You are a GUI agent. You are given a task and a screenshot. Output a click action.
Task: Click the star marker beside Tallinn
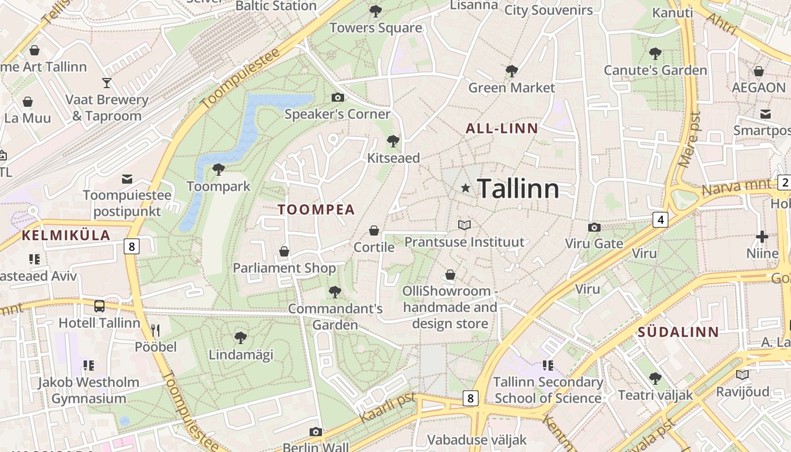coord(466,188)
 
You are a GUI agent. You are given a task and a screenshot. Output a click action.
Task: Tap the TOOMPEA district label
coord(316,210)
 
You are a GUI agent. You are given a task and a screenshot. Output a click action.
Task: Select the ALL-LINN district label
coord(502,128)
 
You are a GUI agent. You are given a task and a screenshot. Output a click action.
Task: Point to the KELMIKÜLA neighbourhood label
coord(66,236)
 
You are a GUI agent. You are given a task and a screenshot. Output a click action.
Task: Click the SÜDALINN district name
coord(679,332)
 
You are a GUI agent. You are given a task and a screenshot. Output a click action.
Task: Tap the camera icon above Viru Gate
coord(594,227)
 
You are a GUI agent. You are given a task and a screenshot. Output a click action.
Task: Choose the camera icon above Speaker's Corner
coord(337,97)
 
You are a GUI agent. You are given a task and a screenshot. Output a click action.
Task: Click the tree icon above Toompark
coord(218,169)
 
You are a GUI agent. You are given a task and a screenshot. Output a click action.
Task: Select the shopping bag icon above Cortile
coord(373,231)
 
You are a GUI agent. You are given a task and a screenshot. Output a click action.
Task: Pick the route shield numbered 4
coord(660,219)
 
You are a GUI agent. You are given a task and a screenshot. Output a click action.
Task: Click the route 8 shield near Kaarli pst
coord(470,398)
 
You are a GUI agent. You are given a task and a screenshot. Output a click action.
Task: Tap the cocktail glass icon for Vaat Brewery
coord(107,83)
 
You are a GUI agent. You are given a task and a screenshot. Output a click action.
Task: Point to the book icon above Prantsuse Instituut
coord(464,225)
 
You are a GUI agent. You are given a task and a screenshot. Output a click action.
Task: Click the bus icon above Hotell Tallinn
coord(99,306)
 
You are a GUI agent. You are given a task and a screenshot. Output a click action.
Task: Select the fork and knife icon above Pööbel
coord(155,330)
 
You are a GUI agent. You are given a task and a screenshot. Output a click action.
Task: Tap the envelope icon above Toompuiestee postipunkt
coord(127,179)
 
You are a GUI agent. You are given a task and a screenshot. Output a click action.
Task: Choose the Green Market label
coord(512,88)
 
